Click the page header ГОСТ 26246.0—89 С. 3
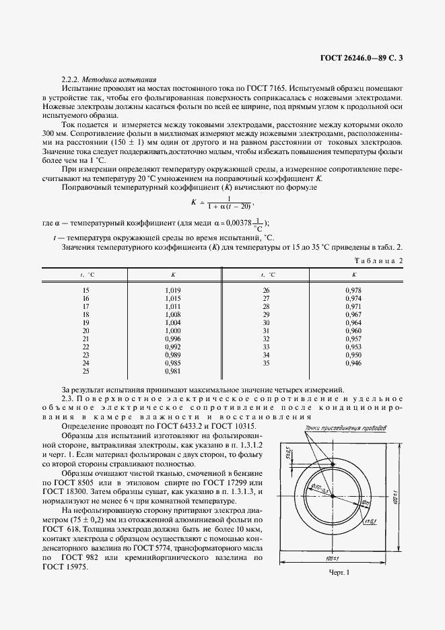coord(363,59)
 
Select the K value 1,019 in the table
coord(173,290)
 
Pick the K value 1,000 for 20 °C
coord(173,331)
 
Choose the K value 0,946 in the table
coord(353,363)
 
